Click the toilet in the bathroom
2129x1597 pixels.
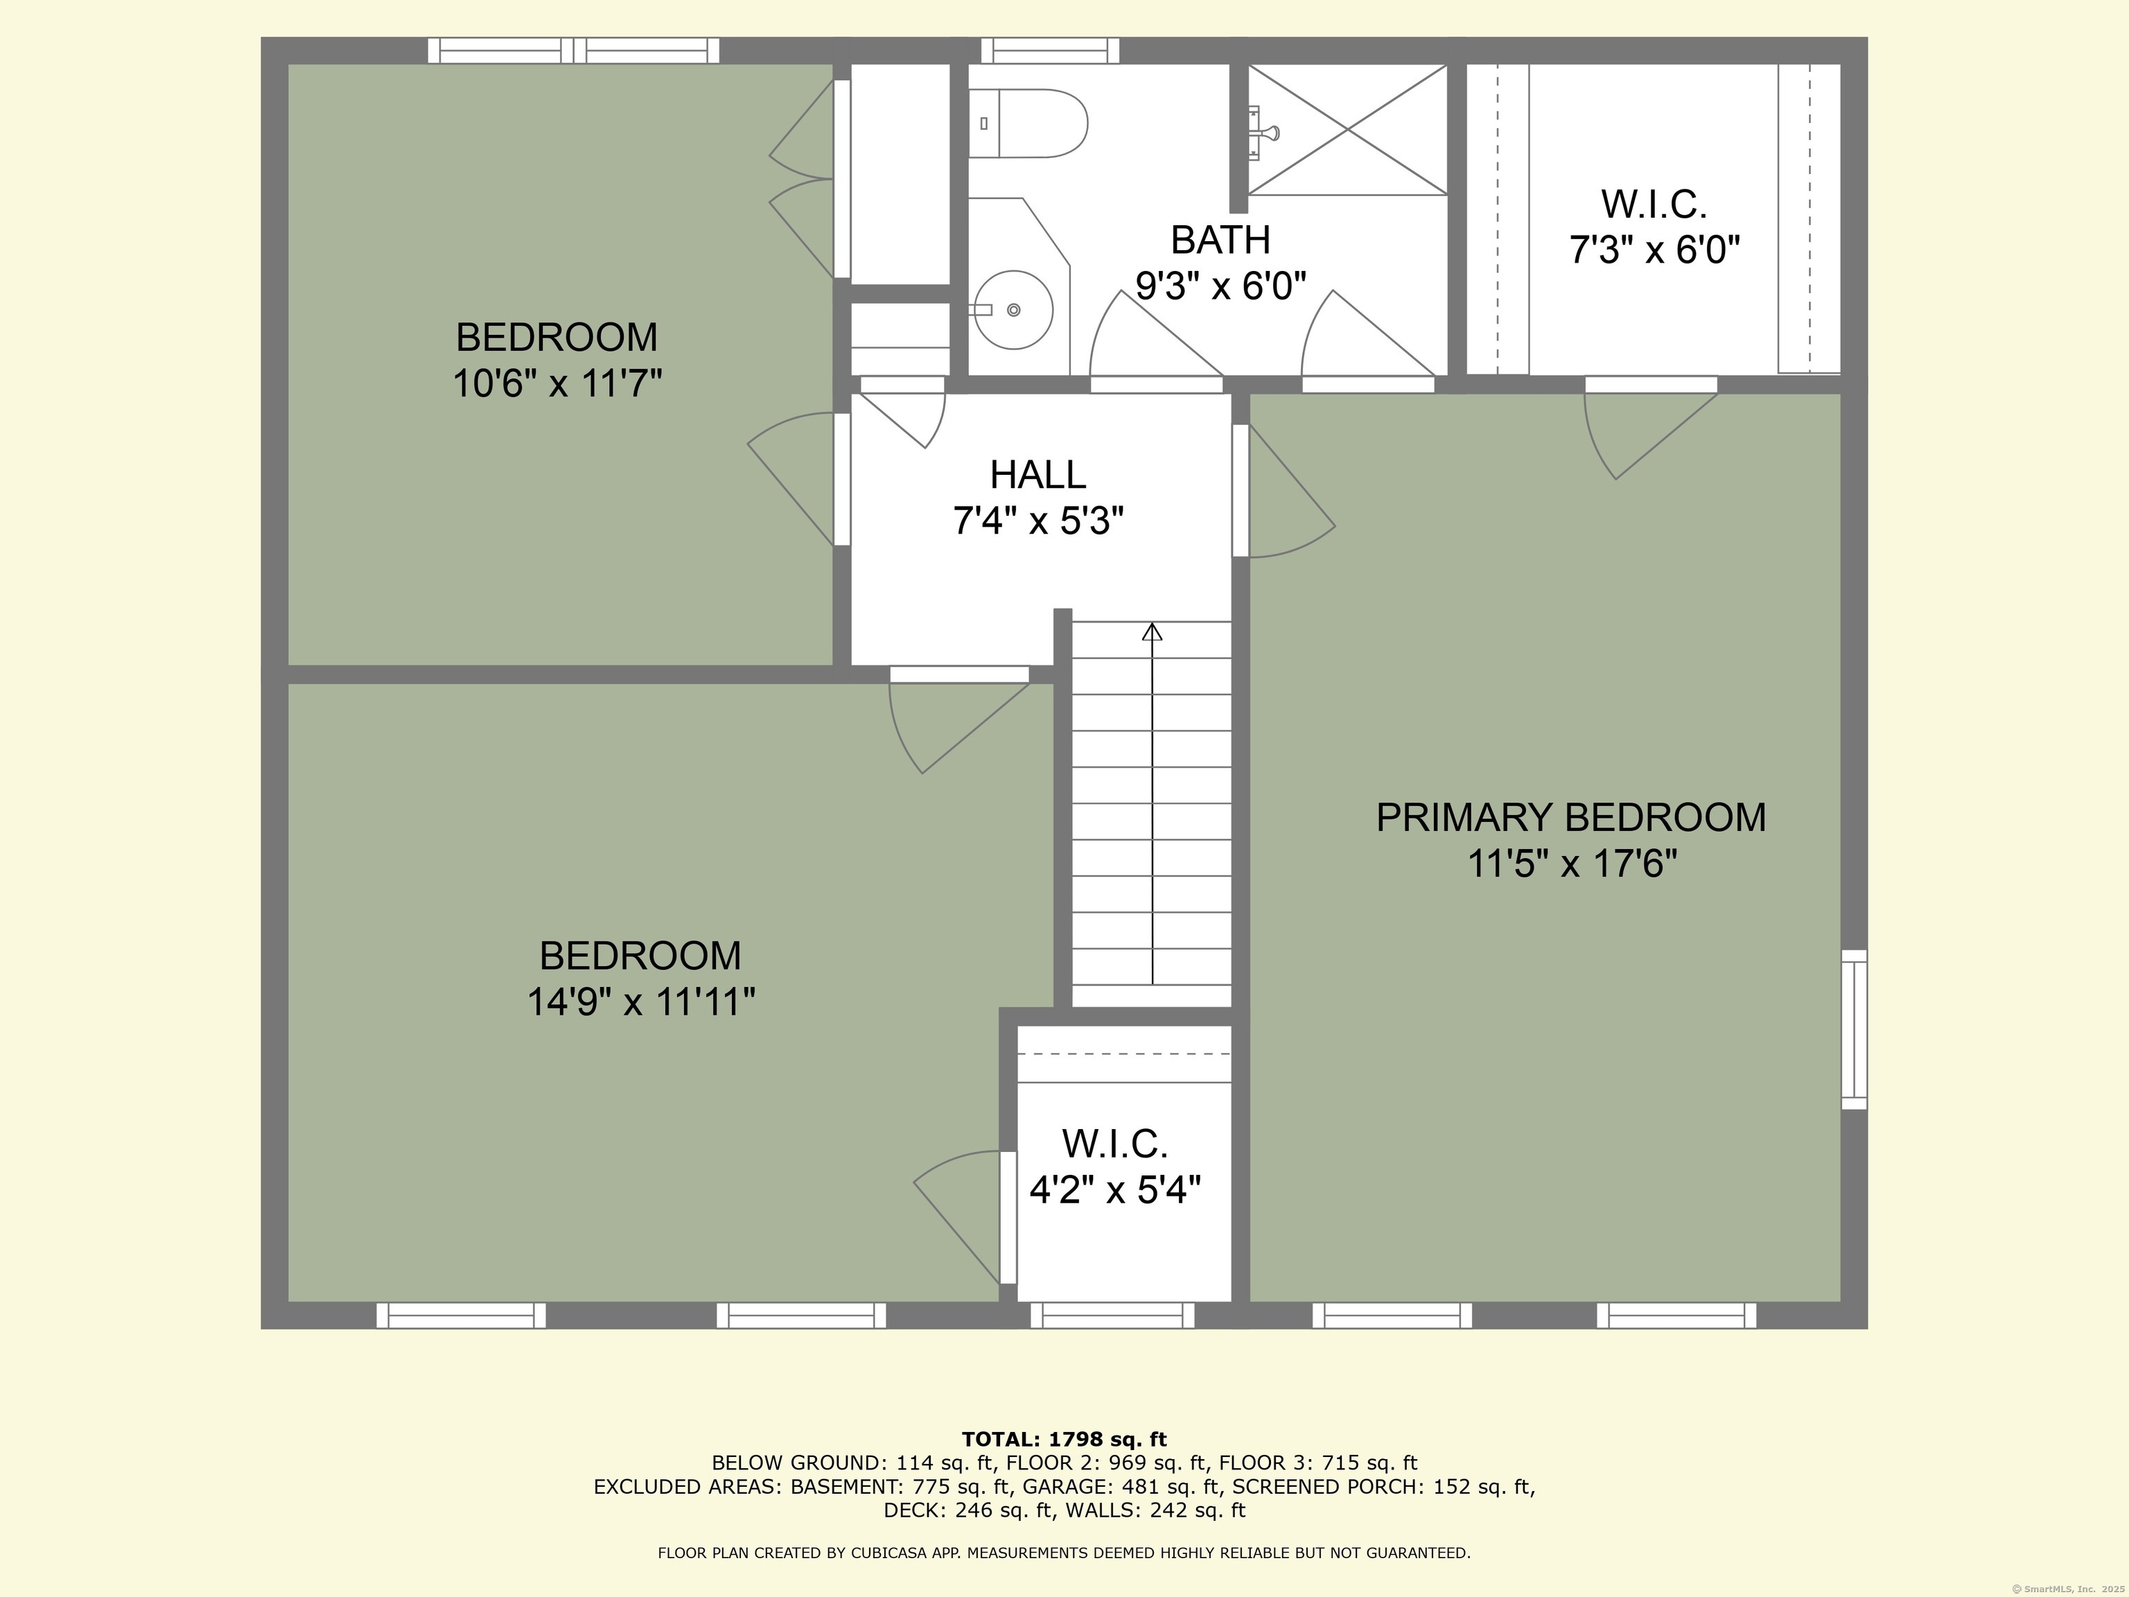[1027, 123]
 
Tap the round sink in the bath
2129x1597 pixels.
[1013, 310]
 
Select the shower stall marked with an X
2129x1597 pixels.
[1347, 129]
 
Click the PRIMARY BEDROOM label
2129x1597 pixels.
[1571, 817]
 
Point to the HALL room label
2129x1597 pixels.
[1037, 475]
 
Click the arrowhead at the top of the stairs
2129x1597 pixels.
[1152, 631]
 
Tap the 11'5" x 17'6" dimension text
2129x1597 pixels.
[1572, 864]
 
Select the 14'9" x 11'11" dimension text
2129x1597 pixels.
[641, 1002]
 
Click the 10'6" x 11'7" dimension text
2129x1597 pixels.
[557, 383]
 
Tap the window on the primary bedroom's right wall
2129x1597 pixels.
[1855, 1029]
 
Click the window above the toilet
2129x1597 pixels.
[1050, 50]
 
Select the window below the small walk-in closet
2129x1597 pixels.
[1112, 1315]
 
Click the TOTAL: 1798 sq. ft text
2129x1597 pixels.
[1064, 1439]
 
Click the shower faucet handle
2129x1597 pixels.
[1272, 132]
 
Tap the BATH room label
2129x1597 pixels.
[1220, 240]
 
